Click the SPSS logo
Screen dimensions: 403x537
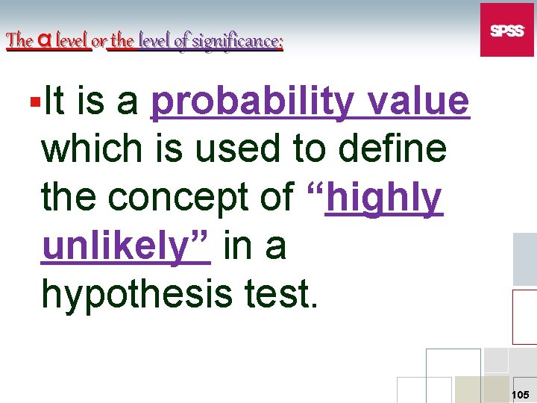tap(507, 30)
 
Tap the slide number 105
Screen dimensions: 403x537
tap(520, 393)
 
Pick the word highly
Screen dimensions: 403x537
tap(384, 197)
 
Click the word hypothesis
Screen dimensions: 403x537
tap(135, 294)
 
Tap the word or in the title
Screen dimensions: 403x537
tap(98, 42)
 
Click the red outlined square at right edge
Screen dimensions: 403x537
tap(524, 315)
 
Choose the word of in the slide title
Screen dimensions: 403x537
tap(180, 41)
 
